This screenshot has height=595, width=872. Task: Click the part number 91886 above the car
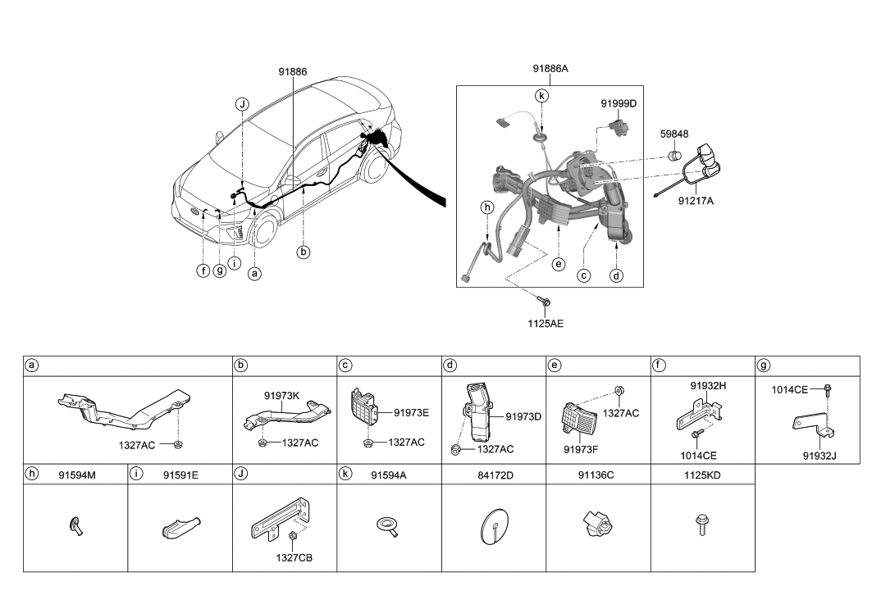[x=293, y=71]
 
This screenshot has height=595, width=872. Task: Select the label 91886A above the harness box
[x=550, y=70]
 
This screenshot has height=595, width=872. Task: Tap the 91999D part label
[x=619, y=104]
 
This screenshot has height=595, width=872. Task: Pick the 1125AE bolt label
[x=545, y=323]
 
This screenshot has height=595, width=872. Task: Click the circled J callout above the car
[x=242, y=104]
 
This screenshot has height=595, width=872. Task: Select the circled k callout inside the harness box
[x=541, y=96]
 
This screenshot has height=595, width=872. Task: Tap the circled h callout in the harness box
[x=487, y=208]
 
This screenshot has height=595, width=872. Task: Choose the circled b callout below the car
[x=304, y=252]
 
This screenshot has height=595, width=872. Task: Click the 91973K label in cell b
[x=281, y=395]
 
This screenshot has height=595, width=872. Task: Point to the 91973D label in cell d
[x=524, y=416]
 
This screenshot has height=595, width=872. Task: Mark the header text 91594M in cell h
[x=78, y=474]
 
